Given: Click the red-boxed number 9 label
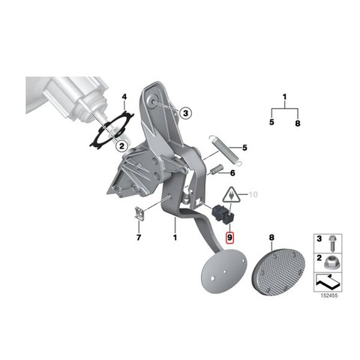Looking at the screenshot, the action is point(229,238).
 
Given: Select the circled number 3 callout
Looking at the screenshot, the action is point(185,113).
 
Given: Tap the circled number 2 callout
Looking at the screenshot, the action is point(121,145).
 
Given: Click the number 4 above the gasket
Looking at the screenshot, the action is point(124,97).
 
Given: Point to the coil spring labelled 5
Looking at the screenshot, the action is point(225,150).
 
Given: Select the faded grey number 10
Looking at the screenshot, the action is point(253,194).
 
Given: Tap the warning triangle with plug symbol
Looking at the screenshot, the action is point(231,194).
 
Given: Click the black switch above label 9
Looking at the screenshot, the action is point(223,214).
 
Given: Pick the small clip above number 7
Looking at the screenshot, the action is point(139,213).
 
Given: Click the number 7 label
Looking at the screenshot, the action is point(139,237).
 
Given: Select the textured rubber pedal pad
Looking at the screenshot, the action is point(278,272).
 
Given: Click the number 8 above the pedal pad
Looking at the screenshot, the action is point(271,238).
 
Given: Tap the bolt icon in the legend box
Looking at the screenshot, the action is point(331,243).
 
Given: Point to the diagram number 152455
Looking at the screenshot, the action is point(329,295).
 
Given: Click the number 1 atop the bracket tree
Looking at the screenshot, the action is point(285,97).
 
